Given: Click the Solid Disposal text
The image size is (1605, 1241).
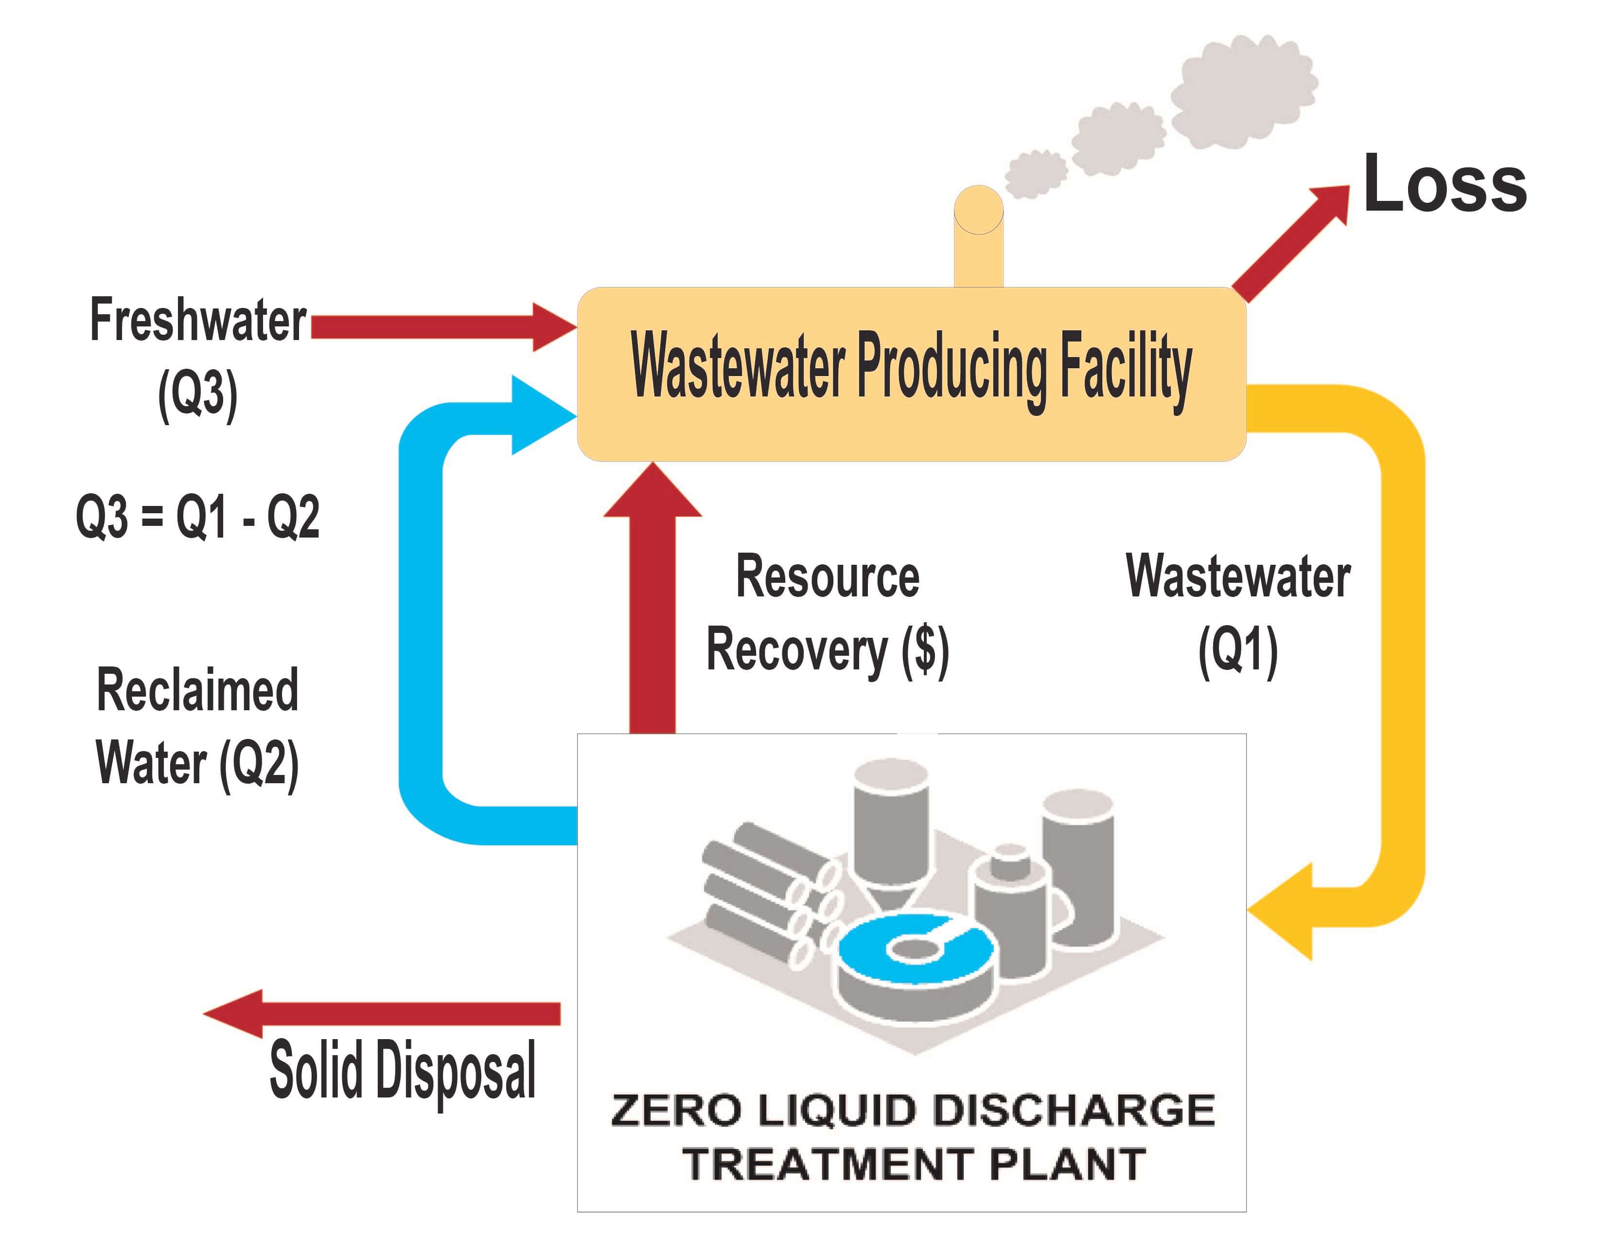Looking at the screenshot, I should pos(402,1070).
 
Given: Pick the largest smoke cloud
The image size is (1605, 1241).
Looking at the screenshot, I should pos(1242,92).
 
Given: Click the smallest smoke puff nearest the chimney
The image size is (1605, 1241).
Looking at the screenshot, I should pos(1035,174).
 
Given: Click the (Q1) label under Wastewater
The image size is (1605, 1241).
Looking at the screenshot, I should pos(1237,650).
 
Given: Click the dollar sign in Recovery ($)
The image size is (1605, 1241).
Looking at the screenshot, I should pos(926,650).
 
